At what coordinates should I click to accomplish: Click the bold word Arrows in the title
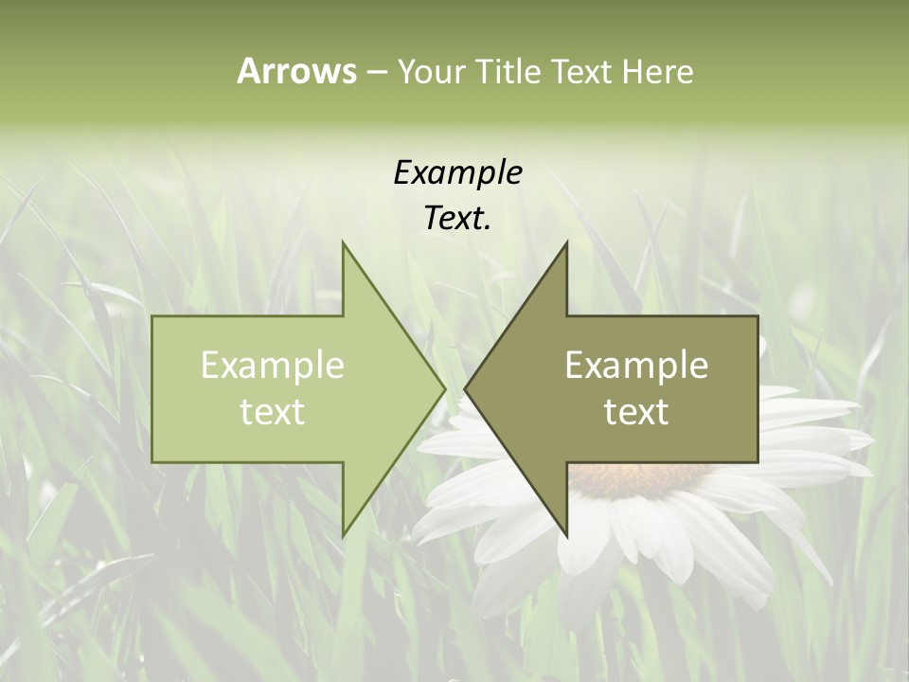296,71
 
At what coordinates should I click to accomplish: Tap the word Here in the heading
657,72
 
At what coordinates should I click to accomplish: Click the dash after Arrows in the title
376,73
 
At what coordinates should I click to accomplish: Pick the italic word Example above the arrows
457,172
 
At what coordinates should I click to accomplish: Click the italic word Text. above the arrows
457,219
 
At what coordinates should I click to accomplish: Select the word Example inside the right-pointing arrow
273,366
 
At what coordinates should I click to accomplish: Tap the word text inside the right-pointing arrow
273,412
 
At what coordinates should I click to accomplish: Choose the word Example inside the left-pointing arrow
636,366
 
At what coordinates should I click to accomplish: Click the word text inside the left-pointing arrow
636,412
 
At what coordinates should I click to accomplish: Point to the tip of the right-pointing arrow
444,388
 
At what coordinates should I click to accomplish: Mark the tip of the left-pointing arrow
466,388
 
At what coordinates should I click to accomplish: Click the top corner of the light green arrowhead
343,242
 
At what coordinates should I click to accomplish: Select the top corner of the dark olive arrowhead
566,242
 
